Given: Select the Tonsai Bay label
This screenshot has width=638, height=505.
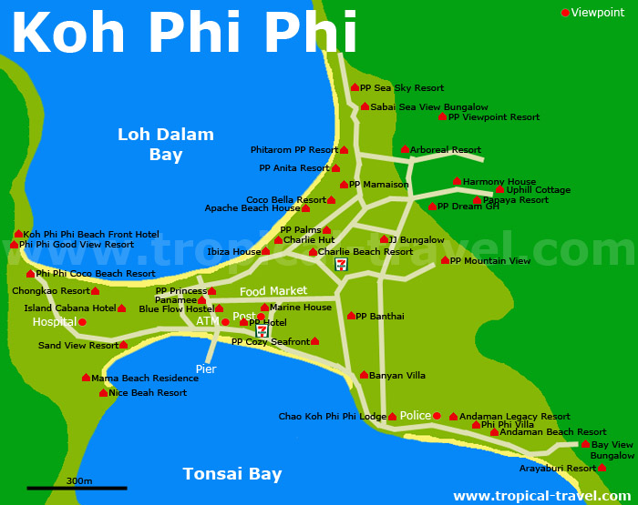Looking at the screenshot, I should click(x=232, y=474).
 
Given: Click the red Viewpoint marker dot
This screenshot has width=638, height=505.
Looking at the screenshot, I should click(x=565, y=13).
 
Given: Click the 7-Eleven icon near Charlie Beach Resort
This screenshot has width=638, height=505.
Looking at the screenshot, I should click(x=341, y=264).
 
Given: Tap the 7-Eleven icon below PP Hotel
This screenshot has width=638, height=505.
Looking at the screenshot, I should click(x=262, y=331).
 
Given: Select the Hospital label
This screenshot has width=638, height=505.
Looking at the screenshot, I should click(x=54, y=322).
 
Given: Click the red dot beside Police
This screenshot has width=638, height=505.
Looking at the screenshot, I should click(x=437, y=416).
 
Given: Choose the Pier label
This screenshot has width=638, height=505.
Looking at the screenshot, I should click(x=206, y=369).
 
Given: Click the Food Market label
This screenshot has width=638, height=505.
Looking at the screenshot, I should click(x=273, y=291).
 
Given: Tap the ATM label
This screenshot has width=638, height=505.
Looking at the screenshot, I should click(x=207, y=321).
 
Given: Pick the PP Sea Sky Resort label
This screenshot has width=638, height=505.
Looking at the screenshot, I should click(x=402, y=88).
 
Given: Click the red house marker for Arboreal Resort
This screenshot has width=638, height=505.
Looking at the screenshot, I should click(x=405, y=149).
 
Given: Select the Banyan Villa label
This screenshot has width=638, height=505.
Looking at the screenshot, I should click(x=398, y=375).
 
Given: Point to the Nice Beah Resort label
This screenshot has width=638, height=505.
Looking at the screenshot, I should click(x=148, y=393).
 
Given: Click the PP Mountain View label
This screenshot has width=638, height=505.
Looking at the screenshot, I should click(x=490, y=261).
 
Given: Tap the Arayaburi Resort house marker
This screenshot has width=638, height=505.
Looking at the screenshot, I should click(x=602, y=468).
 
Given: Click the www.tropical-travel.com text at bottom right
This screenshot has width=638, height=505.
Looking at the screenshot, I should click(x=541, y=496).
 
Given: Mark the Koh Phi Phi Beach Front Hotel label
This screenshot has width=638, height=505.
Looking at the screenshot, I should click(x=91, y=235).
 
